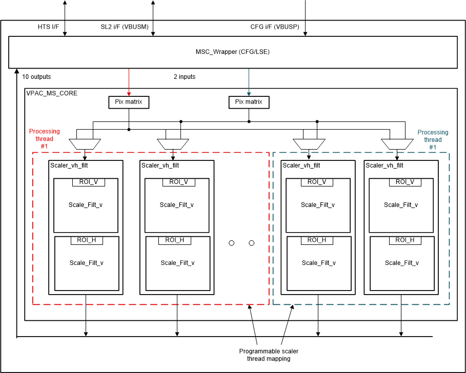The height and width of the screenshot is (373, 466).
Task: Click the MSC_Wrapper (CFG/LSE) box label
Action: point(233,52)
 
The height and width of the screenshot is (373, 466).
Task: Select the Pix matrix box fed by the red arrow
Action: point(129,102)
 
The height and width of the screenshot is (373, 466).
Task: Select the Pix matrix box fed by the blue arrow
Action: point(249,102)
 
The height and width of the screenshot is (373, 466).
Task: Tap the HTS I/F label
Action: point(48,27)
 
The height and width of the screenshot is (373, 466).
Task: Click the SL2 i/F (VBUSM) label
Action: point(125,27)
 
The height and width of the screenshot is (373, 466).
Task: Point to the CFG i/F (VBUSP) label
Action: point(275,27)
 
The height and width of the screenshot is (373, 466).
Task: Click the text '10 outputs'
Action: point(36,77)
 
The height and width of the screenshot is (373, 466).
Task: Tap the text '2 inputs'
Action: point(184,77)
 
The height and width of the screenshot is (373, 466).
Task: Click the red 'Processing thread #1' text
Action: point(44,138)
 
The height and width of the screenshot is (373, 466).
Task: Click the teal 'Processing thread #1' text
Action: point(433,139)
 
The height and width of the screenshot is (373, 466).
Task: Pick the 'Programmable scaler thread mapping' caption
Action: point(269,355)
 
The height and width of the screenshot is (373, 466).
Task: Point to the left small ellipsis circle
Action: point(231,243)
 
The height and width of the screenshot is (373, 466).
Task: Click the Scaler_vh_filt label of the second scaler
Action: point(159,165)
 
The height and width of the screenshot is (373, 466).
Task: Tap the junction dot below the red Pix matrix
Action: point(129,130)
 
